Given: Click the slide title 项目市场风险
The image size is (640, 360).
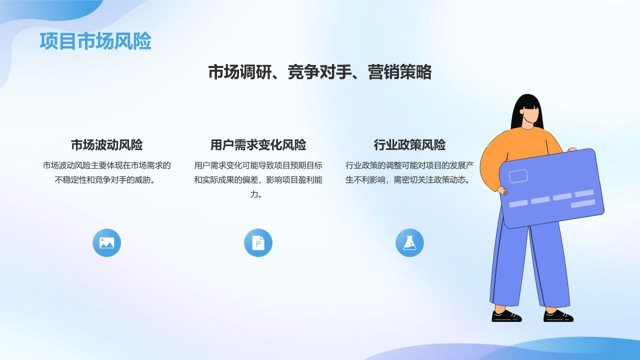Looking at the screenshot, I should (95, 41).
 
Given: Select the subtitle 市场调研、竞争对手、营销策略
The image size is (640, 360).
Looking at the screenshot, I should (319, 72).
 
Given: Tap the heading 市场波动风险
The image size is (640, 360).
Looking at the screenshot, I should (106, 145).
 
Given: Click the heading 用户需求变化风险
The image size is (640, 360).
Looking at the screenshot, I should (258, 145).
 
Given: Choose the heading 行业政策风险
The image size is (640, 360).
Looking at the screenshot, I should (409, 145).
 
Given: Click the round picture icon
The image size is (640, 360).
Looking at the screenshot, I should (106, 243).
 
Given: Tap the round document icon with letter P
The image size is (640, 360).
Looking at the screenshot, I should (258, 243).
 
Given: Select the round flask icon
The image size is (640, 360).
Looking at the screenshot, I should (409, 243).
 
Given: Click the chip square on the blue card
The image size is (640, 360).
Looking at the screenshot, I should (518, 176).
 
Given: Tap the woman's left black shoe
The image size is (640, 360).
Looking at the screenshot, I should (506, 316).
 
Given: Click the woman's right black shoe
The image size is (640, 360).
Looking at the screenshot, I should (558, 316).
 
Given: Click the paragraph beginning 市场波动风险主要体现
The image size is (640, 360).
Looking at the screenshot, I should (106, 172).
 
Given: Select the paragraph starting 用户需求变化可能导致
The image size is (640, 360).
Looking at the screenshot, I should (258, 179).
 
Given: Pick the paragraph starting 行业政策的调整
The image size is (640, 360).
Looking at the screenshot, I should (409, 172).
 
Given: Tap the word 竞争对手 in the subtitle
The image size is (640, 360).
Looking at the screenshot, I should (319, 72).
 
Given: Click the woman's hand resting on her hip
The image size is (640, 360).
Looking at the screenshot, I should (502, 190).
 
